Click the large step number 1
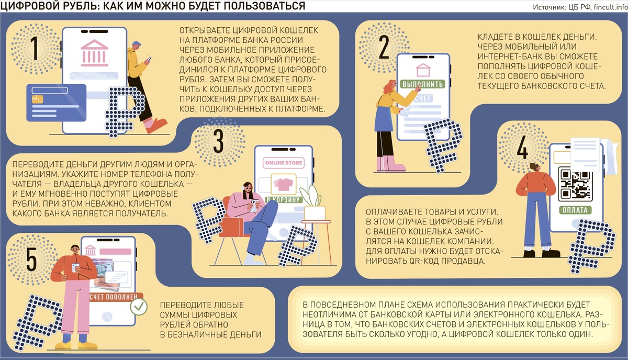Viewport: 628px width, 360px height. [35, 48]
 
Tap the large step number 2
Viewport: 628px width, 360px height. [384, 47]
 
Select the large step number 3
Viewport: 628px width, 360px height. [218, 141]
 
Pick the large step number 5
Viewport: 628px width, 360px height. [31, 260]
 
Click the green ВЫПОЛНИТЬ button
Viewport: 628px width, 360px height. [422, 84]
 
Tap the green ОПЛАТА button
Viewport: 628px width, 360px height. [575, 210]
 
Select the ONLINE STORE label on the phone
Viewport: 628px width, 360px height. [284, 163]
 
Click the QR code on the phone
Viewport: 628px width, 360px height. [575, 184]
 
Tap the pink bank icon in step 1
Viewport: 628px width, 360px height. [94, 53]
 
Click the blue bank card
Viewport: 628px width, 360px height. [57, 103]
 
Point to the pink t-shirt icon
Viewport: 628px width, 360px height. [284, 184]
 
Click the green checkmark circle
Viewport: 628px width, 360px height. [139, 307]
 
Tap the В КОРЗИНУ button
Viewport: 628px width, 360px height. [284, 200]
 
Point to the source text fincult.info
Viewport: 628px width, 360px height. [611, 7]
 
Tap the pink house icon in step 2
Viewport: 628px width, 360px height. [423, 70]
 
